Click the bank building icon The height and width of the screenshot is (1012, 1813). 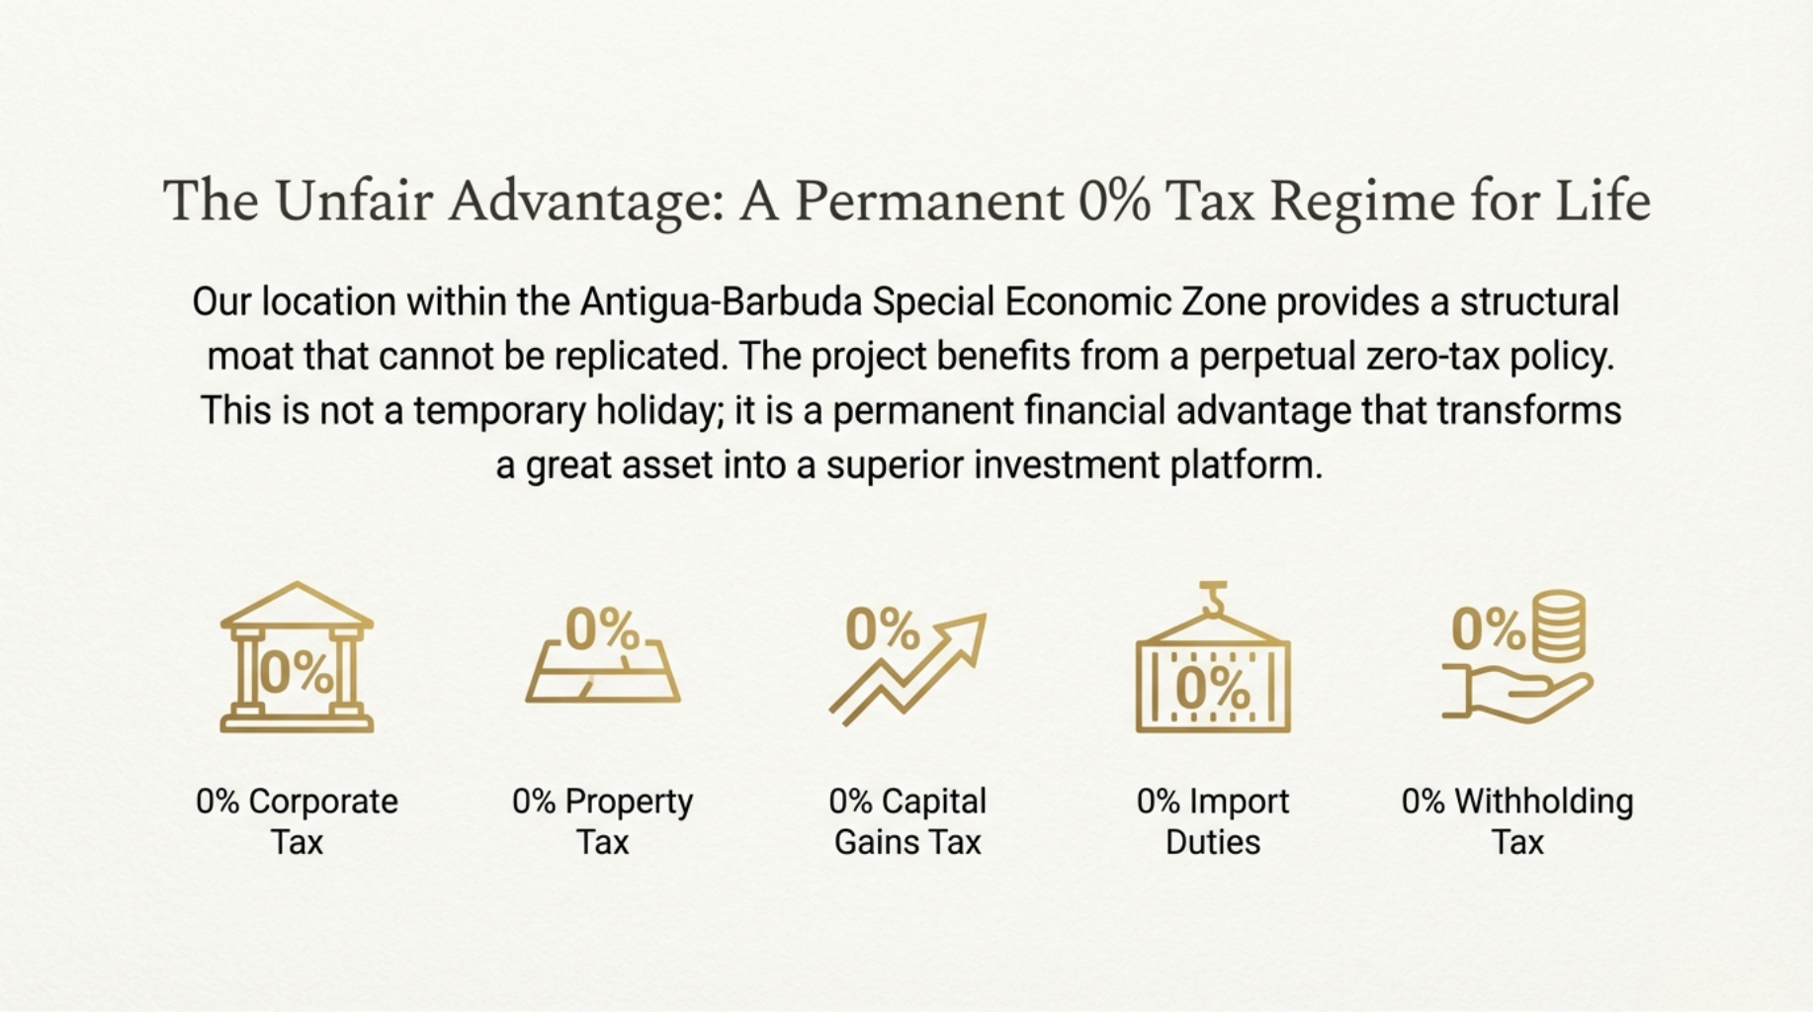[x=297, y=657]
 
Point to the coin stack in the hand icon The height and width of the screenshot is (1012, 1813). [x=1559, y=627]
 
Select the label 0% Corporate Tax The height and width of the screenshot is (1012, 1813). [x=297, y=821]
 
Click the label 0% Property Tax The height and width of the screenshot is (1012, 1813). [x=602, y=821]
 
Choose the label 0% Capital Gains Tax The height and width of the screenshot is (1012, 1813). [x=907, y=821]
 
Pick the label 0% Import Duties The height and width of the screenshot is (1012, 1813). [x=1213, y=821]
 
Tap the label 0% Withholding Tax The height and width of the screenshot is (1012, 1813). [x=1517, y=821]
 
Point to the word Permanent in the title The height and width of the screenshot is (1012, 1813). [x=929, y=201]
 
